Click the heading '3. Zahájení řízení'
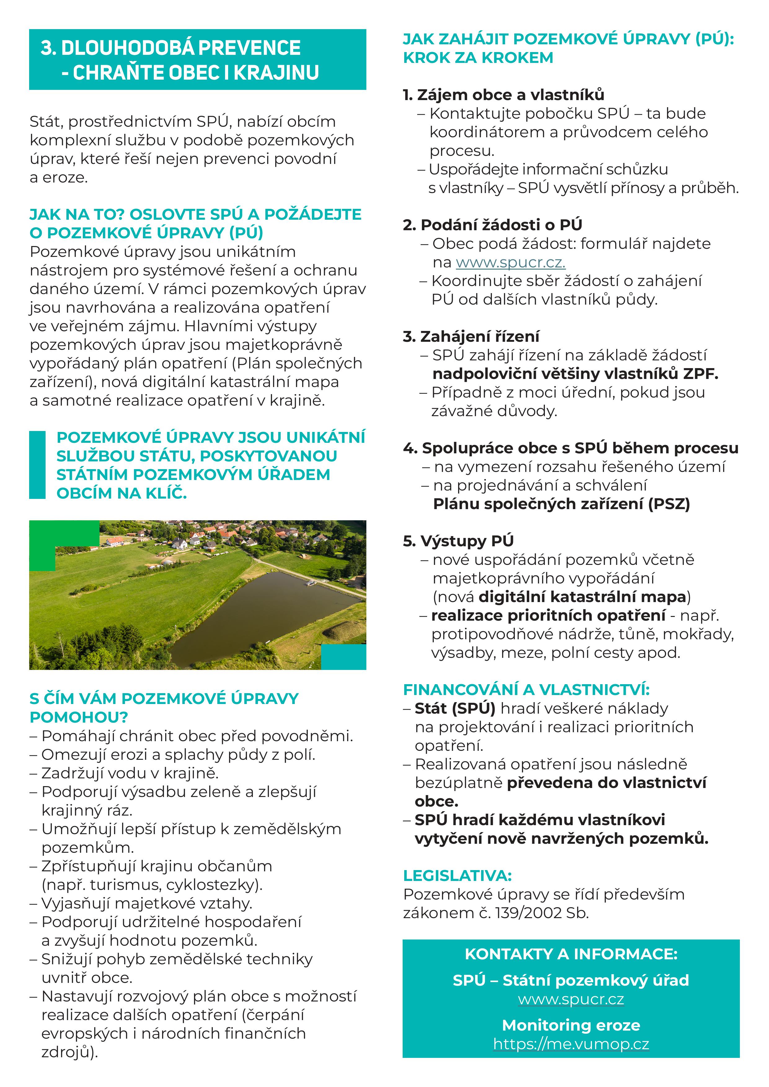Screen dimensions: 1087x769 pos(471,337)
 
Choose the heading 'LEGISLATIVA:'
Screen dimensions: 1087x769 pos(457,876)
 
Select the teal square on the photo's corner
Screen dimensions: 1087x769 pos(343,657)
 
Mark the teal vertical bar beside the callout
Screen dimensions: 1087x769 pos(38,464)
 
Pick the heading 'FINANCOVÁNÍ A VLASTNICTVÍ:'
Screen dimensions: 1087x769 pos(526,690)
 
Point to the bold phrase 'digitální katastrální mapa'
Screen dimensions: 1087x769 pos(582,597)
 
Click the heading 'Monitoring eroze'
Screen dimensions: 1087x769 pos(571,1025)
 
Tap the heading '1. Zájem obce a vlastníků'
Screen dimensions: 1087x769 pos(503,95)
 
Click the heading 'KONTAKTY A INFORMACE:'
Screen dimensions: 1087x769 pos(571,954)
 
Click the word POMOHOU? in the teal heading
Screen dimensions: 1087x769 pos(79,717)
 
